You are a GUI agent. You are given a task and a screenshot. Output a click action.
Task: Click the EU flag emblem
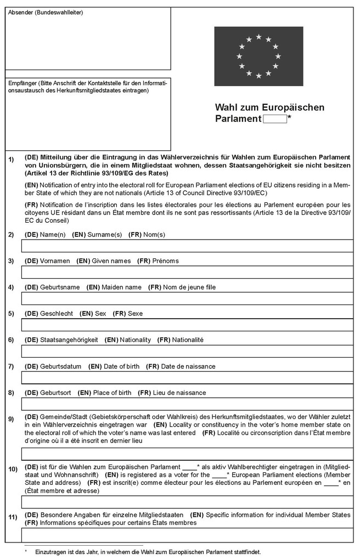(x=258, y=56)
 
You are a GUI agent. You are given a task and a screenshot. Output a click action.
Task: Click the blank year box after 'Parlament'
(x=275, y=119)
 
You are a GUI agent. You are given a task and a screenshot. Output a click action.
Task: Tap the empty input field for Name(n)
(x=187, y=246)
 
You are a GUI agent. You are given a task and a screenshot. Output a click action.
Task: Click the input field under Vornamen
(x=187, y=272)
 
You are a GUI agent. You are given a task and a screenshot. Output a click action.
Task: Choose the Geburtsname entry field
(x=187, y=298)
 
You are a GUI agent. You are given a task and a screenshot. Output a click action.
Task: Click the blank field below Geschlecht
(x=187, y=325)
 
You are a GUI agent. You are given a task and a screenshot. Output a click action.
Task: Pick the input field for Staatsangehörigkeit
(x=187, y=351)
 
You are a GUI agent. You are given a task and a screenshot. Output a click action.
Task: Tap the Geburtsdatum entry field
(x=187, y=377)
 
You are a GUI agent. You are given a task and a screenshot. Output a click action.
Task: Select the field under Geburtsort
(x=187, y=404)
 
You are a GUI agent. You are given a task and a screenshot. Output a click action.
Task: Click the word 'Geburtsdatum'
(x=61, y=366)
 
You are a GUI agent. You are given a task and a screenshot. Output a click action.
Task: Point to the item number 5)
(x=11, y=314)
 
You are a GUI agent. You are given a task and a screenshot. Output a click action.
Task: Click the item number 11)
(x=12, y=517)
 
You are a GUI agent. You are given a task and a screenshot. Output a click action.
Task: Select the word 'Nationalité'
(x=188, y=340)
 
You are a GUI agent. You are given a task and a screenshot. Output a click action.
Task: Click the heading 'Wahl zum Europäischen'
(x=269, y=107)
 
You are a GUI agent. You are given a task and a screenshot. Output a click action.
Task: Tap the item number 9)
(x=11, y=420)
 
